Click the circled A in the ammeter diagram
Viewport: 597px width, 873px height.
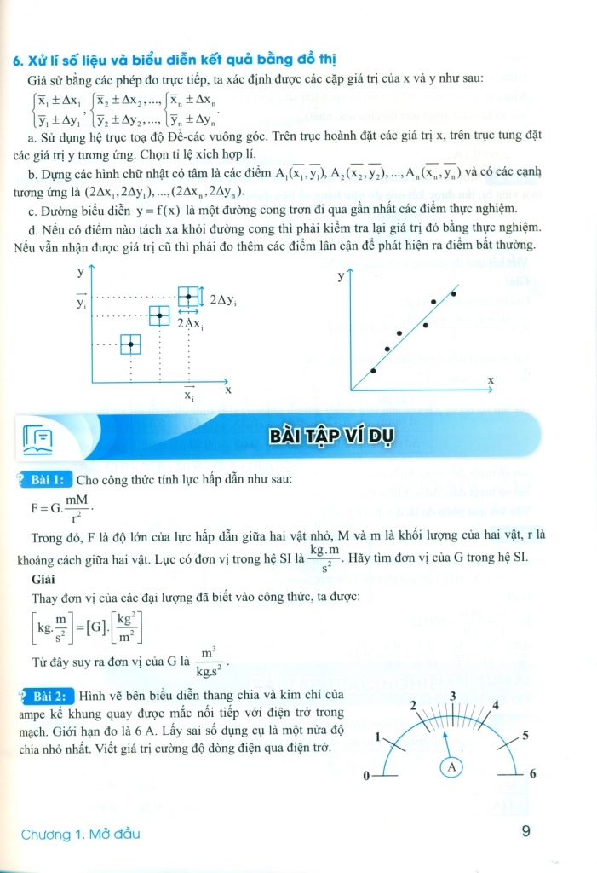coord(452,767)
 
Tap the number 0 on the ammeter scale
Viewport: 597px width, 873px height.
coord(365,777)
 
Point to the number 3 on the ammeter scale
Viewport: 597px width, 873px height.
coord(453,697)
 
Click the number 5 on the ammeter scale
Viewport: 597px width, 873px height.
coord(525,735)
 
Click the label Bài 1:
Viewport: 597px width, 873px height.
coord(50,480)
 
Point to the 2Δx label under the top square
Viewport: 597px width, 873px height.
coord(189,325)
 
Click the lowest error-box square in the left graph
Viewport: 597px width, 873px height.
coord(130,344)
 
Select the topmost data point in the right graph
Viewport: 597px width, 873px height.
coord(453,294)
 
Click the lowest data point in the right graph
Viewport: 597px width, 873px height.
coord(373,371)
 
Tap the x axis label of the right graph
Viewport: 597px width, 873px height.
coord(491,379)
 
